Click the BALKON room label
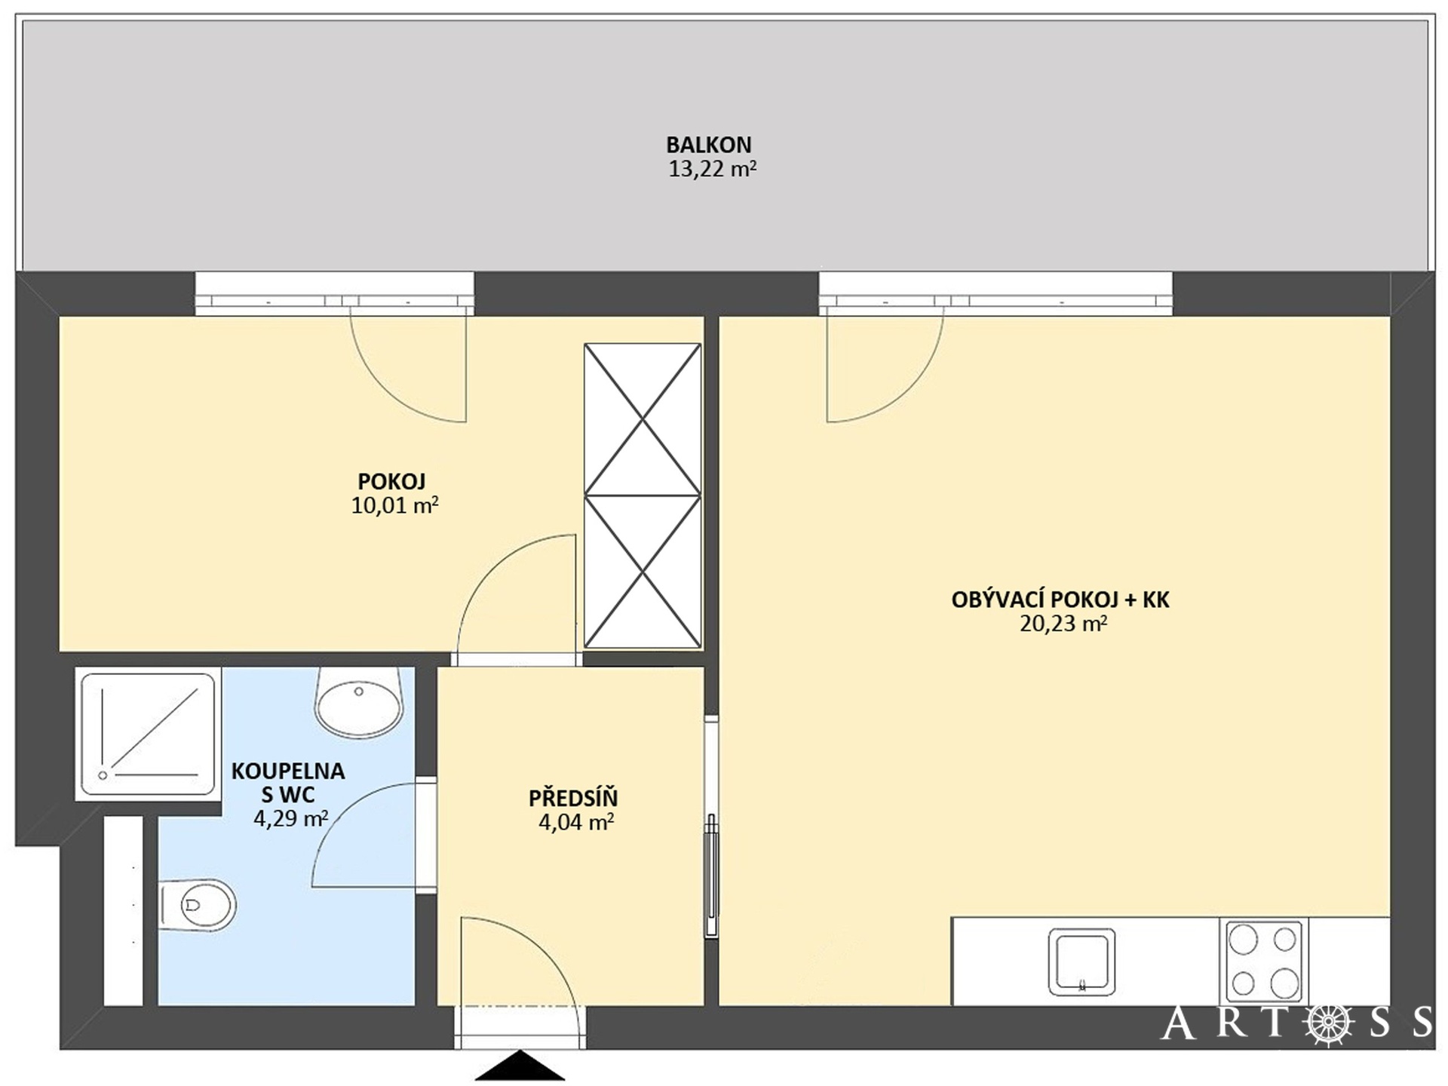[708, 144]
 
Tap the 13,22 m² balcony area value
[712, 168]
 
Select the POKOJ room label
[391, 481]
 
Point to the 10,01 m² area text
[394, 505]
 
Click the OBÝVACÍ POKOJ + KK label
[1060, 600]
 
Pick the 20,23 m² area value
[1063, 624]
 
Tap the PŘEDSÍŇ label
[573, 797]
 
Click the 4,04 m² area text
[575, 822]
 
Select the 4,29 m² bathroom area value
[290, 818]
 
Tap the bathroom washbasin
[359, 703]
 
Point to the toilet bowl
[198, 905]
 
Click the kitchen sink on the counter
[1081, 962]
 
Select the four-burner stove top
[1264, 961]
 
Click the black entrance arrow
[520, 1066]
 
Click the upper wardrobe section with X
[643, 419]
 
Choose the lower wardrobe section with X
[643, 572]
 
